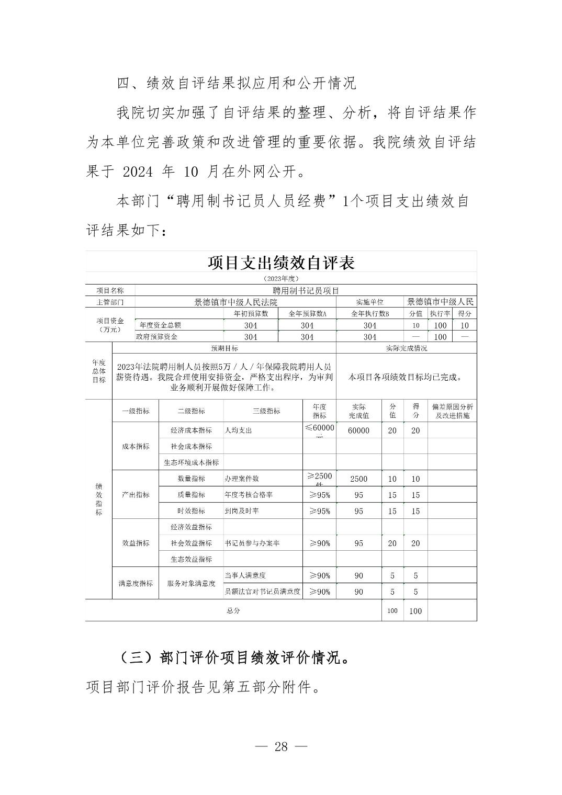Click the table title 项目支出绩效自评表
(x=281, y=263)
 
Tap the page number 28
(x=281, y=746)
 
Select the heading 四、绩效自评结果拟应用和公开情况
(x=236, y=83)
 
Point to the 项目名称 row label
(x=110, y=291)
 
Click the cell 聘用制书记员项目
(x=306, y=291)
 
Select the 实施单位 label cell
(x=369, y=302)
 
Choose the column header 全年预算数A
(x=307, y=314)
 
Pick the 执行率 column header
(x=440, y=314)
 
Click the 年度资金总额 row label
(x=160, y=325)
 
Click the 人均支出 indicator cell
(x=238, y=430)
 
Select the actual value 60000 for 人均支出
(x=358, y=430)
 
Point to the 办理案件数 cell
(x=241, y=479)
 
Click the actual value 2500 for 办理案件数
(x=358, y=479)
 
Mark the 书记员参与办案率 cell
(x=252, y=543)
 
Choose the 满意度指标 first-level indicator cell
(x=136, y=583)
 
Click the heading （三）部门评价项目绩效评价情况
(x=234, y=658)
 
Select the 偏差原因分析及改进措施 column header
(x=452, y=411)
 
